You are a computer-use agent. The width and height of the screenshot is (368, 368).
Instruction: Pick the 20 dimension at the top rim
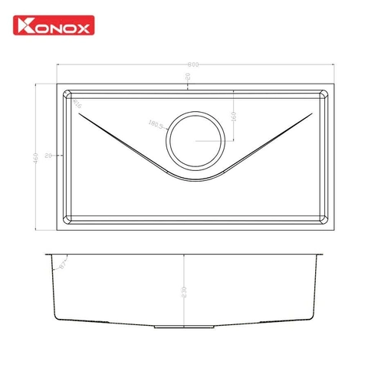tap(189, 79)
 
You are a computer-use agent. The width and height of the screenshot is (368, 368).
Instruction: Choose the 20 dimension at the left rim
tap(48, 156)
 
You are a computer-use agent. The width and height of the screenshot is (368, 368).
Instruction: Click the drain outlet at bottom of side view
tap(184, 327)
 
